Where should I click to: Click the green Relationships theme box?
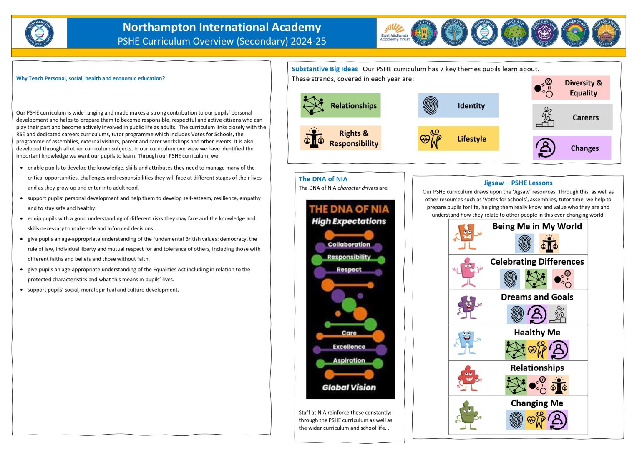pyautogui.click(x=340, y=105)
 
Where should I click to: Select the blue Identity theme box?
pyautogui.click(x=458, y=105)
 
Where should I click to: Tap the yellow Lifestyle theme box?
pyautogui.click(x=458, y=138)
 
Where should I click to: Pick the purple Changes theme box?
pyautogui.click(x=572, y=148)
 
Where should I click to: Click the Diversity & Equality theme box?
pyautogui.click(x=571, y=87)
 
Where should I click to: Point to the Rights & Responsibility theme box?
pyautogui.click(x=340, y=138)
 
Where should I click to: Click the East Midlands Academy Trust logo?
pyautogui.click(x=395, y=33)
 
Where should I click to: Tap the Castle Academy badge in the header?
pyautogui.click(x=424, y=33)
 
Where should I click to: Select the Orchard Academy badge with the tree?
pyautogui.click(x=515, y=33)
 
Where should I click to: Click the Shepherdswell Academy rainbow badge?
pyautogui.click(x=575, y=33)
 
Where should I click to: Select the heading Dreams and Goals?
pyautogui.click(x=537, y=297)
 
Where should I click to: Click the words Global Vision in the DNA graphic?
pyautogui.click(x=349, y=387)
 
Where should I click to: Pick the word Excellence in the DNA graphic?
pyautogui.click(x=349, y=347)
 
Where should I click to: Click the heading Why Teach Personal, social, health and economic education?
pyautogui.click(x=91, y=78)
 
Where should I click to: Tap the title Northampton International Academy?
pyautogui.click(x=222, y=27)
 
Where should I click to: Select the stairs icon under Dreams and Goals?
pyautogui.click(x=557, y=314)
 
